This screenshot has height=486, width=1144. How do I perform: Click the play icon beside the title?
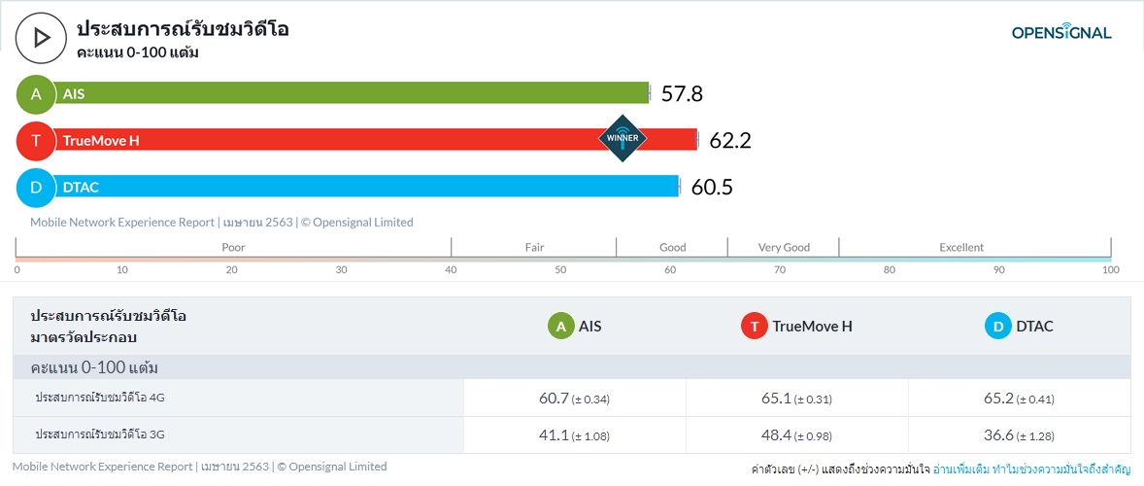pyautogui.click(x=41, y=37)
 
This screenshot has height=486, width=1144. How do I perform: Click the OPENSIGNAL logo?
pyautogui.click(x=1061, y=33)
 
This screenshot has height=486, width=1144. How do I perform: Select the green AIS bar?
pyautogui.click(x=350, y=93)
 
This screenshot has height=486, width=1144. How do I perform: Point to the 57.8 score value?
pyautogui.click(x=682, y=94)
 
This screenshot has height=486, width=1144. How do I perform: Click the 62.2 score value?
pyautogui.click(x=730, y=141)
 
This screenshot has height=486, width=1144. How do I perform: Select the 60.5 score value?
pyautogui.click(x=712, y=188)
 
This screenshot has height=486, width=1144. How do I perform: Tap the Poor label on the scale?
pyautogui.click(x=233, y=247)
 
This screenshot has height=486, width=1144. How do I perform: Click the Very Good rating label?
pyautogui.click(x=784, y=247)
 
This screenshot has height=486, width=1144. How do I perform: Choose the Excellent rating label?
pyautogui.click(x=961, y=247)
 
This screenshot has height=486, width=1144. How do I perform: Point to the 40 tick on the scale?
pyautogui.click(x=451, y=269)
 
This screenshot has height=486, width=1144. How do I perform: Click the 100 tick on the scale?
pyautogui.click(x=1111, y=269)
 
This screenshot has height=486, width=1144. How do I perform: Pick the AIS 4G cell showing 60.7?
pyautogui.click(x=574, y=399)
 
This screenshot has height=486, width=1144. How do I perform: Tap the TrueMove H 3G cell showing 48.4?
pyautogui.click(x=796, y=435)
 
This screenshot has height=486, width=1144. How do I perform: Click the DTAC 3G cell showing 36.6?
pyautogui.click(x=1019, y=435)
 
